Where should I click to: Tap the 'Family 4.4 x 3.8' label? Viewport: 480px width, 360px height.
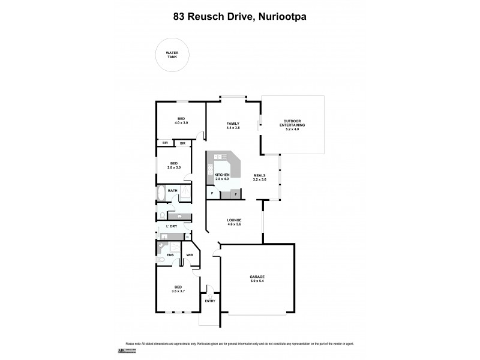point(233,125)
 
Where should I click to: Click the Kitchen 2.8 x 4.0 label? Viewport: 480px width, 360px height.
point(222,176)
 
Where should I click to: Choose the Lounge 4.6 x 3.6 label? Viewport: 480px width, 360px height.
point(234,221)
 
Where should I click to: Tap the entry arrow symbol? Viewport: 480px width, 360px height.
point(210,293)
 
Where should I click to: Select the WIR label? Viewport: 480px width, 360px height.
point(189,255)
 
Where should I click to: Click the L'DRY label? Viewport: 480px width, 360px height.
point(171,226)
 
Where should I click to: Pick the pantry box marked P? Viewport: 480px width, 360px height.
point(212,194)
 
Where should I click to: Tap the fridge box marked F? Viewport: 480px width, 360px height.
point(235,194)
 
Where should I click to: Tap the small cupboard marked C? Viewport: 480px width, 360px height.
point(187,237)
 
